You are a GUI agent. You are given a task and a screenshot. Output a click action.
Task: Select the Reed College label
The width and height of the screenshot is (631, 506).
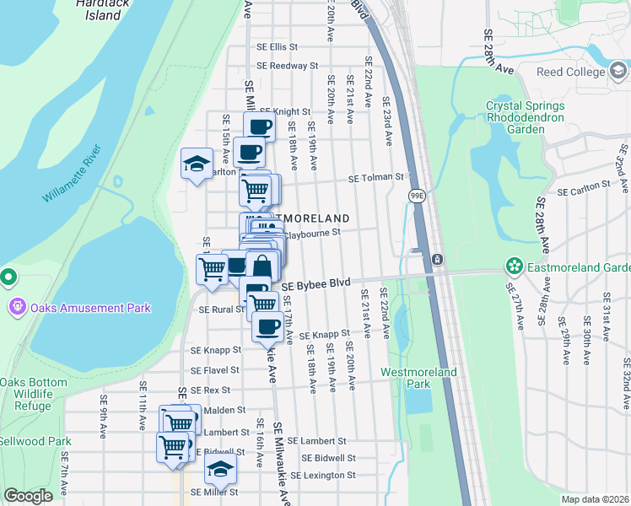click(x=570, y=73)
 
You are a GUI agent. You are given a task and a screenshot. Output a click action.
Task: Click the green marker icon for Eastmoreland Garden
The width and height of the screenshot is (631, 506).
click(x=513, y=267)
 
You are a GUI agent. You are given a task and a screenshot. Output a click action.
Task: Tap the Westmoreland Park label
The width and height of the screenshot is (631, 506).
click(x=418, y=378)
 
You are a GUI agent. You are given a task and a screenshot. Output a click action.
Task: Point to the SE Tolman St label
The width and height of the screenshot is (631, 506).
click(x=378, y=178)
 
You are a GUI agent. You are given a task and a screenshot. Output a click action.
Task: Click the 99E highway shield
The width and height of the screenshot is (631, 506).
click(x=417, y=196)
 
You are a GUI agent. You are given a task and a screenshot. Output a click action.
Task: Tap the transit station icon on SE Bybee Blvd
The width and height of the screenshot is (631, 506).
click(x=437, y=259)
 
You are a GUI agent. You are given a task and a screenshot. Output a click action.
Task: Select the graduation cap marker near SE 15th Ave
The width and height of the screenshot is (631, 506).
click(x=197, y=163)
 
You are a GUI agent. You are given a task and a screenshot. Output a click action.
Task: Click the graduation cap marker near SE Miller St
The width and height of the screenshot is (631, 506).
click(x=221, y=468)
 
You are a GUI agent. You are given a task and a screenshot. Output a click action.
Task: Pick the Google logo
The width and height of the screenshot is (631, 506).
click(x=28, y=496)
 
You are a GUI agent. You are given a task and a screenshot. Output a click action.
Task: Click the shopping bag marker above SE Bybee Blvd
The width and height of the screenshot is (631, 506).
click(x=262, y=266)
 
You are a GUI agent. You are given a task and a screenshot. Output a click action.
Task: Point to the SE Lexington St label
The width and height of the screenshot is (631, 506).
click(x=323, y=476)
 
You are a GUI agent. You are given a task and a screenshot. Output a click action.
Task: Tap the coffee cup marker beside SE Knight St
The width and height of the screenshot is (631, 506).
click(x=259, y=126)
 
